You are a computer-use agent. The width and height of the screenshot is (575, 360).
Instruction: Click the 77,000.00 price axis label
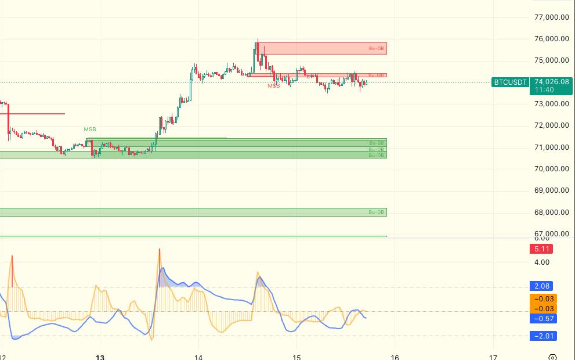(x=552, y=17)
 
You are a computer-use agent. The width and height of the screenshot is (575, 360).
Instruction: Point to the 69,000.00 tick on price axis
(x=552, y=190)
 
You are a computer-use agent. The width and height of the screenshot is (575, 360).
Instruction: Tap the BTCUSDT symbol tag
(x=511, y=82)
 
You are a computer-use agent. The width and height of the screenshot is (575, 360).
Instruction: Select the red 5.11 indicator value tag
(x=540, y=249)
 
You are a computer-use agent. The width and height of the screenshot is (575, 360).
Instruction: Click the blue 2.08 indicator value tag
(x=540, y=286)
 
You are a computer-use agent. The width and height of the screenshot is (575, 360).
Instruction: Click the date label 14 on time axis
(x=198, y=357)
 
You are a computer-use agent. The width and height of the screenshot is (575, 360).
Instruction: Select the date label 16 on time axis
(x=395, y=357)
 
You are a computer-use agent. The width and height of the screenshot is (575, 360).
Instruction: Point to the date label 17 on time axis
(x=493, y=357)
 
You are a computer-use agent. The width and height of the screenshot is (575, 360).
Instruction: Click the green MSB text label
(x=89, y=129)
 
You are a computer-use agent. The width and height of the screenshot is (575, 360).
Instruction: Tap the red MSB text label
(x=273, y=85)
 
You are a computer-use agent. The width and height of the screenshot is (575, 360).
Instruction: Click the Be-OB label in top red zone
(x=377, y=48)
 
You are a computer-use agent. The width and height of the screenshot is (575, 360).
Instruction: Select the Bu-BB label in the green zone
(x=377, y=142)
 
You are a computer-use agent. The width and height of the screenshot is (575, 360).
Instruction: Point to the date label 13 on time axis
(x=100, y=357)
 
